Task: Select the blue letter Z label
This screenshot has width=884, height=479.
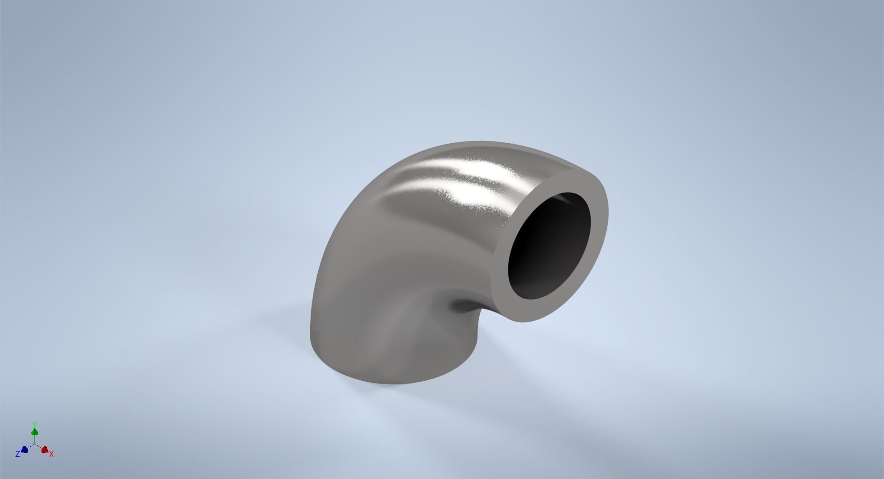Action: click(18, 454)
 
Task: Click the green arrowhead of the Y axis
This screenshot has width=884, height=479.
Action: click(34, 431)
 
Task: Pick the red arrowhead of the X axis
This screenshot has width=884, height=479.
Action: click(45, 449)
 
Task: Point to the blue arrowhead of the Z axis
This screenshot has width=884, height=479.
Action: click(25, 450)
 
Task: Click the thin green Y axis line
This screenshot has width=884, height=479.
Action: click(34, 439)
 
